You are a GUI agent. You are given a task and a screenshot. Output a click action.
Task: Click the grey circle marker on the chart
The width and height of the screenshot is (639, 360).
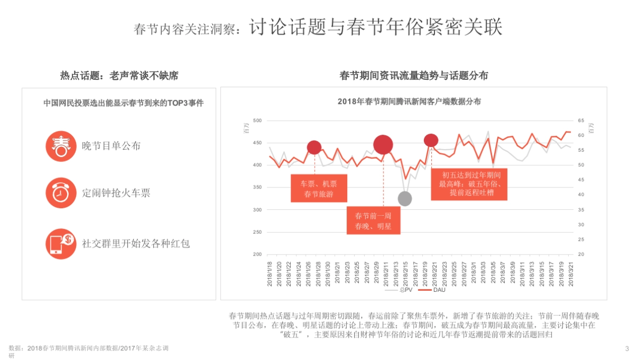click(x=405, y=199)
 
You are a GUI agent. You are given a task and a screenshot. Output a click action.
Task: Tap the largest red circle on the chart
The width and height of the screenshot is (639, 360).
click(x=383, y=144)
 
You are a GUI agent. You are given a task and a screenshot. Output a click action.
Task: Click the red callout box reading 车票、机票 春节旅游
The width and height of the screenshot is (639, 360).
click(x=318, y=189)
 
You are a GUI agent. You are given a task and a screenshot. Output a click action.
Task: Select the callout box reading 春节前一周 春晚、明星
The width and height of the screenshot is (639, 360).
click(x=373, y=220)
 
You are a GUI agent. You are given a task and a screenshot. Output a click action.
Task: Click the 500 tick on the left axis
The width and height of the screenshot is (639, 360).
click(x=258, y=121)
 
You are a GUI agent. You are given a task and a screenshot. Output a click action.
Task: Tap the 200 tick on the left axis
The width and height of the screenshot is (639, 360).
click(x=258, y=255)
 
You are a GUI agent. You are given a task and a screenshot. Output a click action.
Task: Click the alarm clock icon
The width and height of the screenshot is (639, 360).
click(x=61, y=193)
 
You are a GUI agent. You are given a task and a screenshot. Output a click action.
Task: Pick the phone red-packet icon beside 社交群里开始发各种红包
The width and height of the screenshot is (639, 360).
click(x=61, y=244)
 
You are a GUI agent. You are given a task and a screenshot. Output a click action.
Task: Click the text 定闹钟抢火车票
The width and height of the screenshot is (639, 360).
click(x=116, y=193)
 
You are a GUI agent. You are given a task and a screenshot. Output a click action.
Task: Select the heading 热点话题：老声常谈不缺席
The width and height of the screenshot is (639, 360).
click(x=119, y=76)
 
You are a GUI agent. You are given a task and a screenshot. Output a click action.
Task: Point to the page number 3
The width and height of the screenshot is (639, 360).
click(x=627, y=348)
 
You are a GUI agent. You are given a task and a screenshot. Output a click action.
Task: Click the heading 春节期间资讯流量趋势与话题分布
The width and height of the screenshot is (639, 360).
click(x=414, y=76)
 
